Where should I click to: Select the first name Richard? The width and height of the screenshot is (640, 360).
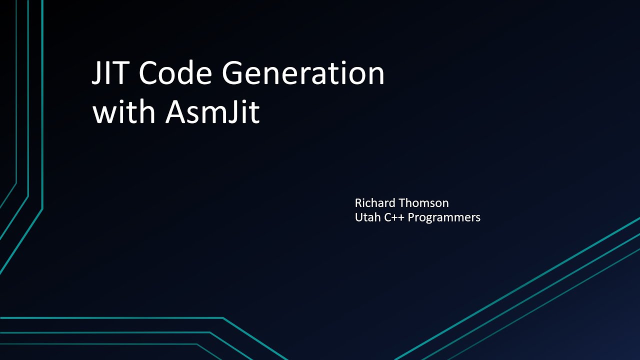pos(375,203)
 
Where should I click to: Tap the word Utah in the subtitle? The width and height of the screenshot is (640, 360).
pos(367,217)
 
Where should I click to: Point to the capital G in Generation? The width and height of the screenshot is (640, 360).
pos(234,73)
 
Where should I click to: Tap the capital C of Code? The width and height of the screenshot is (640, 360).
pos(149,73)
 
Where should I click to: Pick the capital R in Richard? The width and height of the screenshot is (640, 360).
pos(358,203)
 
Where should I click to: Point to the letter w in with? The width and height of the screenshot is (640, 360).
pos(103,114)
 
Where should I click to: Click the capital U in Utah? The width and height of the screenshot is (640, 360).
pos(358,217)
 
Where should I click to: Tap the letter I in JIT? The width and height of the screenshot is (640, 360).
pos(110,73)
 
